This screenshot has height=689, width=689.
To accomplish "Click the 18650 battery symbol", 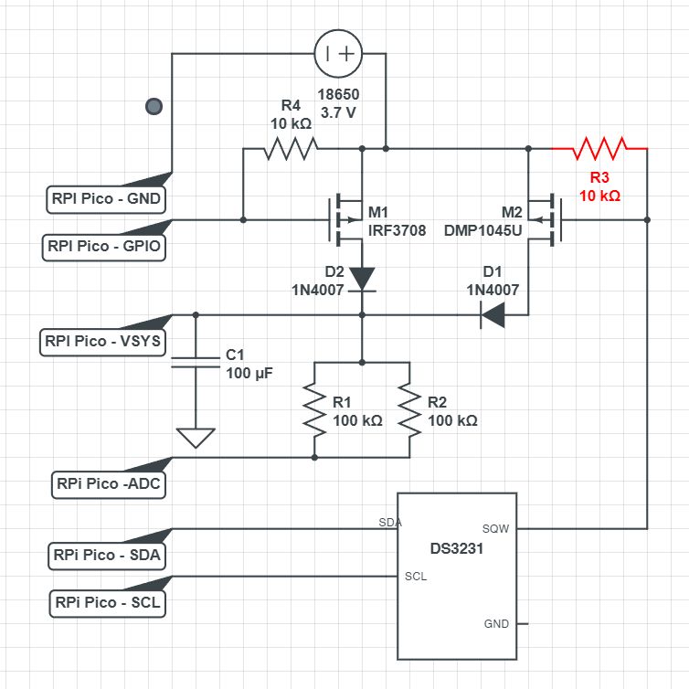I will [x=339, y=53].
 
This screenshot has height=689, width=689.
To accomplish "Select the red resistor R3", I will [x=599, y=147].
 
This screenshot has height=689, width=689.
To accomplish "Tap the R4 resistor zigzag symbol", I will [x=291, y=147].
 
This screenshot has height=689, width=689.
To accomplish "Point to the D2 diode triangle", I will [x=363, y=277].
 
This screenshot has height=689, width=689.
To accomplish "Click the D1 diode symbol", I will [x=494, y=315].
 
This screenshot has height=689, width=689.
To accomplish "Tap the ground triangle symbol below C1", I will [x=196, y=438].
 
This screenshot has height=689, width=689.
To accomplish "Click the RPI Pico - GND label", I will [x=106, y=196].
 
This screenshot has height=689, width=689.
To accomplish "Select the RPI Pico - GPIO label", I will [x=106, y=245].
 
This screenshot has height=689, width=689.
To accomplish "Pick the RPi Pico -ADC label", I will [x=109, y=484].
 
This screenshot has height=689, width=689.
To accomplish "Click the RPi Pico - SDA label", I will [x=109, y=555].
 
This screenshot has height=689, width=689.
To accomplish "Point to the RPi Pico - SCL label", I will [x=109, y=603].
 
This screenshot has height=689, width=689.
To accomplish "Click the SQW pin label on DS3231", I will [x=494, y=528].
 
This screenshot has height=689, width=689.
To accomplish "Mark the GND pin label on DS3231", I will [x=494, y=624].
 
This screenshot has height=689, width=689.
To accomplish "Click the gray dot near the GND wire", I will [x=154, y=107].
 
